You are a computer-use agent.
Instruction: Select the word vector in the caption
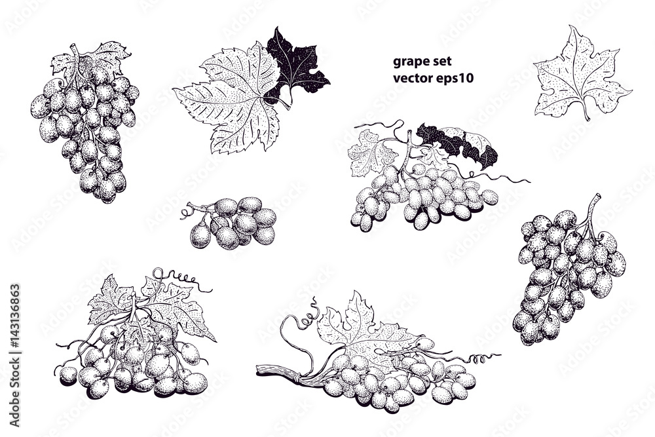pos(411,78)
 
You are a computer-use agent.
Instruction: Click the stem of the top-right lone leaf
pos(586,113)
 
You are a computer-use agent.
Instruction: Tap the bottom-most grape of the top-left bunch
pos(107,195)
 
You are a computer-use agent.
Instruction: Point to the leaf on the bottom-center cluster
pos(357,324)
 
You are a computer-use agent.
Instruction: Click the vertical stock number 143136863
pos(15,328)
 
